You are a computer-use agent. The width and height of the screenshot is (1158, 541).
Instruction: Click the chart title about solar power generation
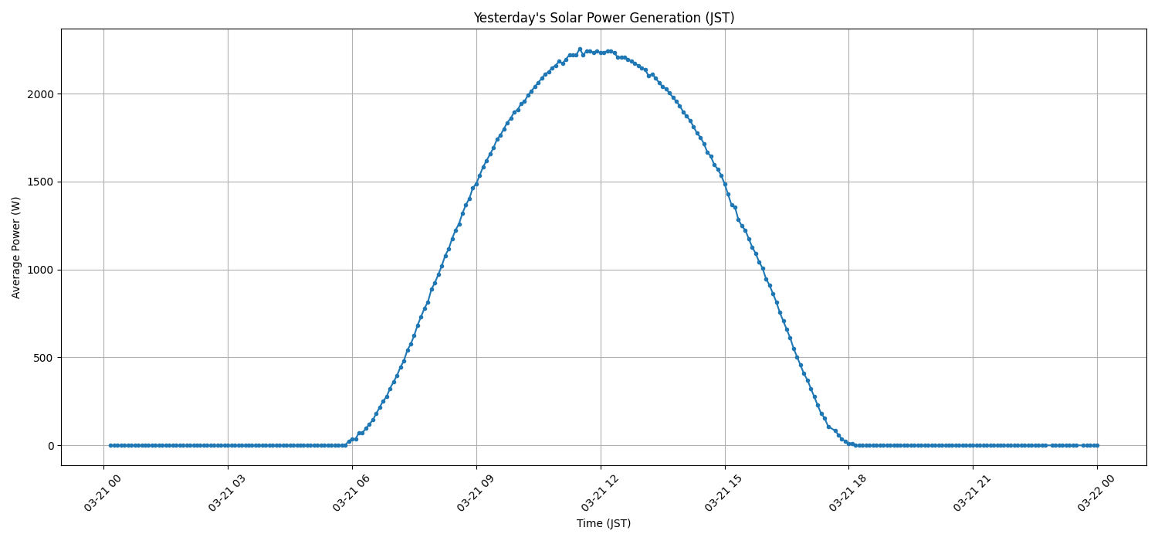[604, 18]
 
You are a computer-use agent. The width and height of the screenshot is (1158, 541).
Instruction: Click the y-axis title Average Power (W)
[16, 247]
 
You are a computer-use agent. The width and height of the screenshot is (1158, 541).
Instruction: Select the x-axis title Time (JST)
[604, 523]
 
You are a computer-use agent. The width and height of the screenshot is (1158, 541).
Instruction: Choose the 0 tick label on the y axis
[50, 446]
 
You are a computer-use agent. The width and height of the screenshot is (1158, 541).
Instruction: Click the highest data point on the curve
[580, 49]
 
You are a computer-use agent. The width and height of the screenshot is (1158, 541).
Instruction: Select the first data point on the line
[110, 445]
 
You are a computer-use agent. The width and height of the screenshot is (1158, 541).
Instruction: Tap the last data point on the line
[1097, 445]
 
